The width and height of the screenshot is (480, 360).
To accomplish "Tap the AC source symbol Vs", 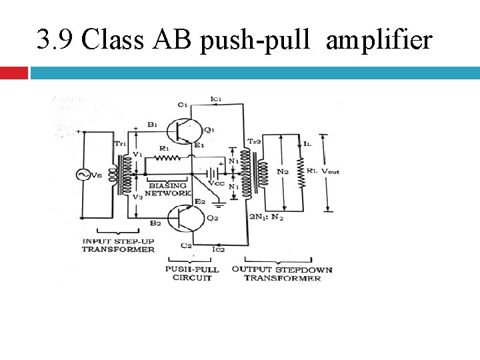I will [85, 175].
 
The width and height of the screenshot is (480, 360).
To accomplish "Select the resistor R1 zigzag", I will [167, 158].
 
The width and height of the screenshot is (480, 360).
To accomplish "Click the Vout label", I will [331, 171].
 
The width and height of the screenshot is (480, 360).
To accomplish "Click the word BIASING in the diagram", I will [168, 185].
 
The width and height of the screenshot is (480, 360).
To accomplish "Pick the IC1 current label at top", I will [215, 99].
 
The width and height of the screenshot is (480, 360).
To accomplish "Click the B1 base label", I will [153, 124].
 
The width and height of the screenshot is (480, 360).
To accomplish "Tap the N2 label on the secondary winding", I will [283, 171].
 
